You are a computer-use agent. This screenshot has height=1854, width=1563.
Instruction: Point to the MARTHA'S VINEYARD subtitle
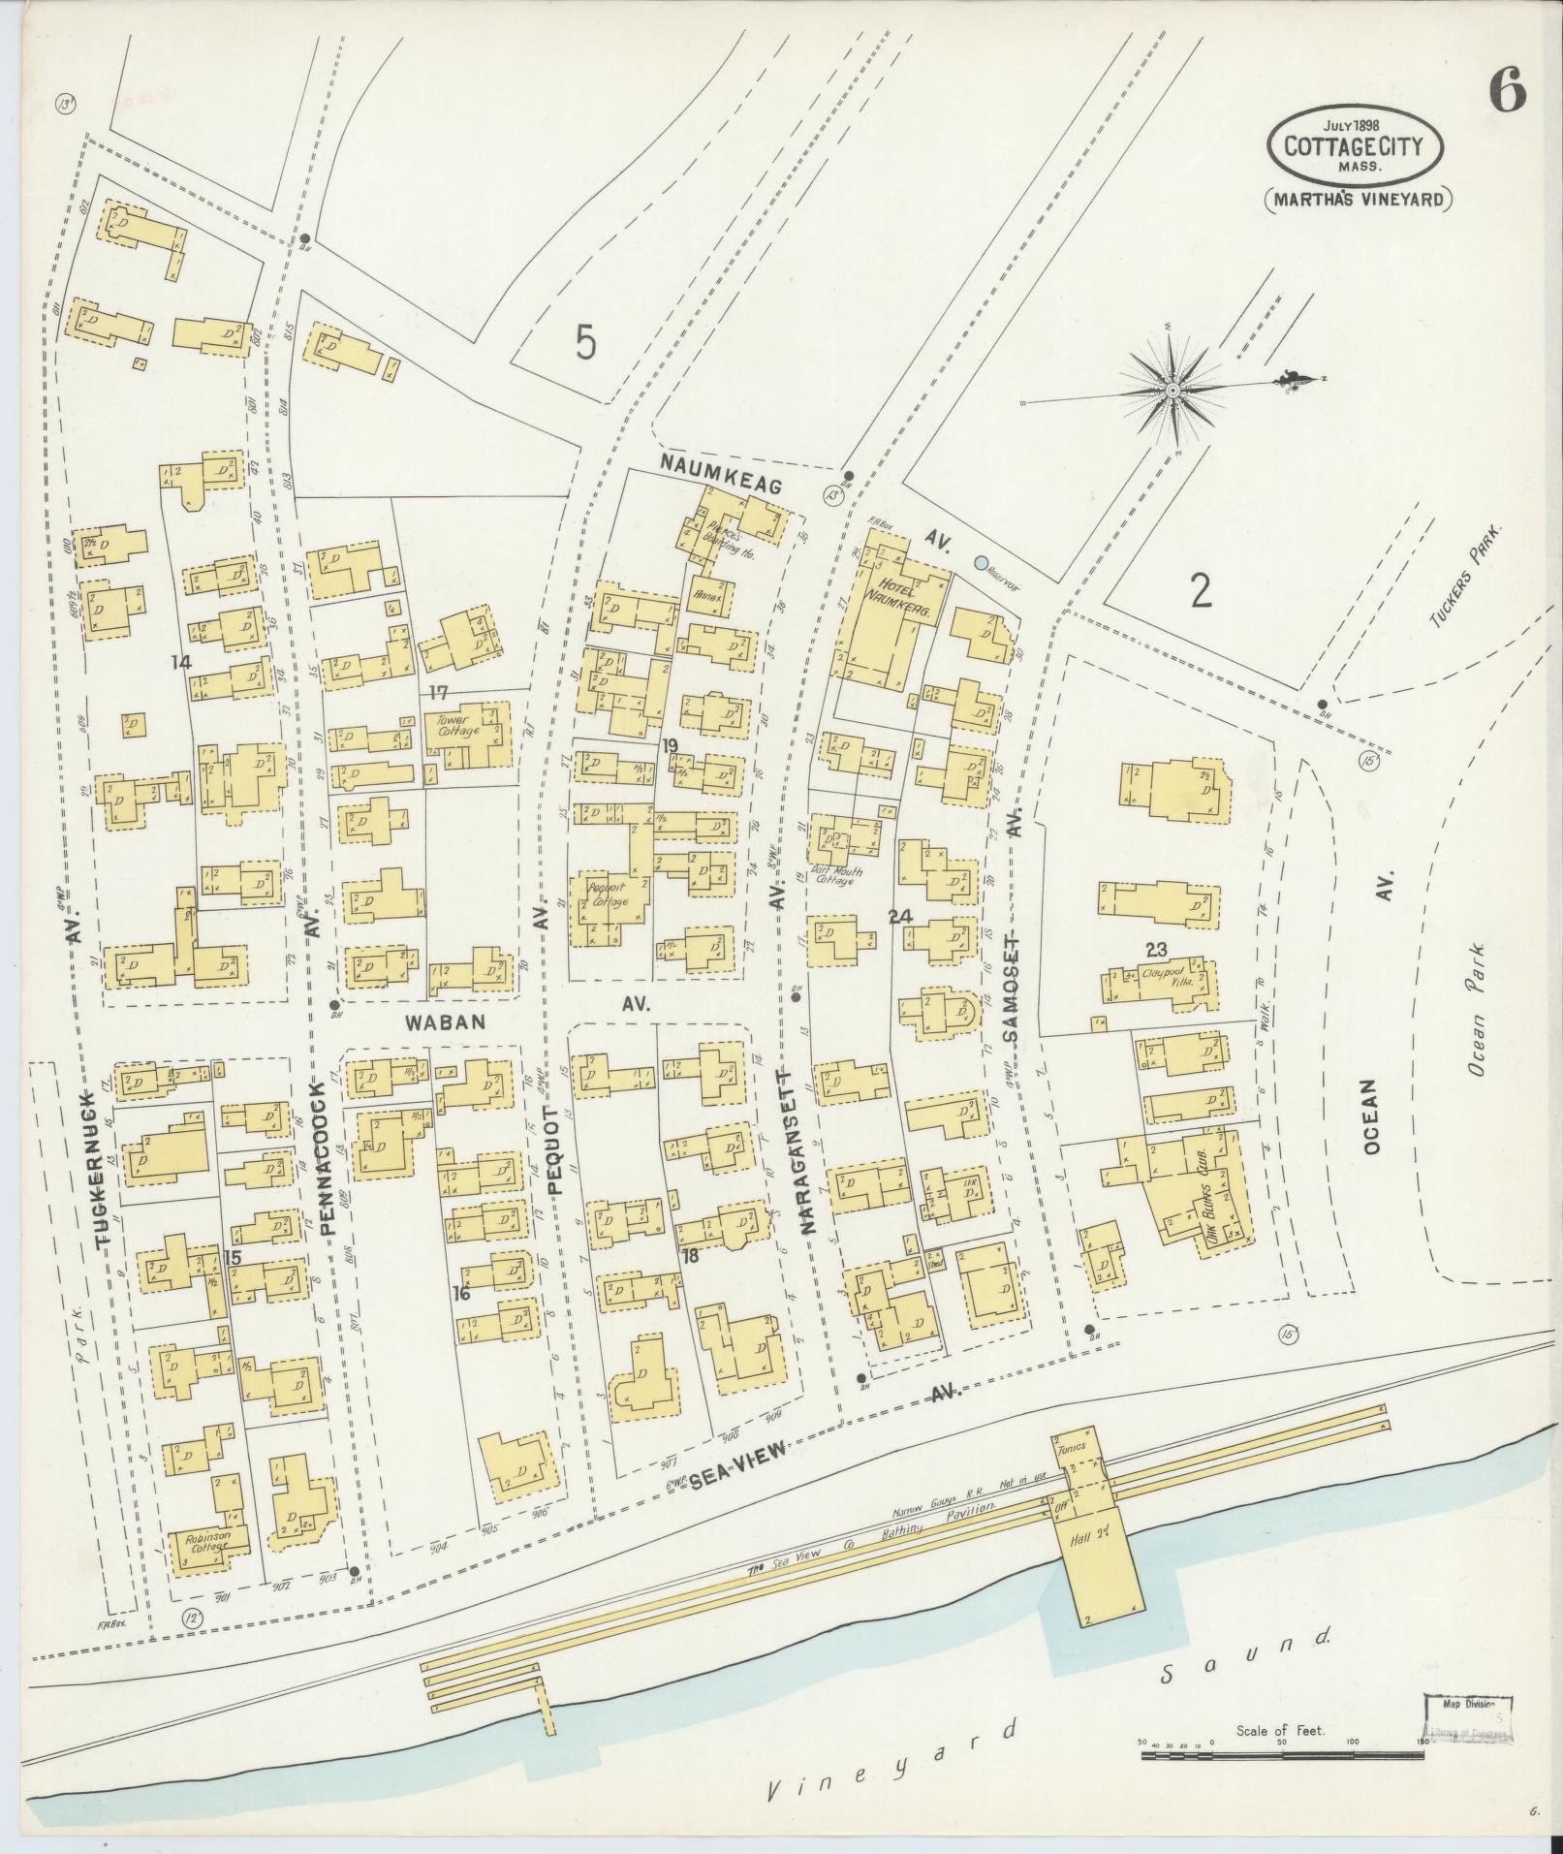1360,200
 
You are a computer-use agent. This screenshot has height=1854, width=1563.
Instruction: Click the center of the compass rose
1172,390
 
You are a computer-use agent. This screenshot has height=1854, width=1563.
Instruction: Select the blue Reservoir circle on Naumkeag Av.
982,562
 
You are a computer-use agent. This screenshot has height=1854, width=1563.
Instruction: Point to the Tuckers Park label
1463,577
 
